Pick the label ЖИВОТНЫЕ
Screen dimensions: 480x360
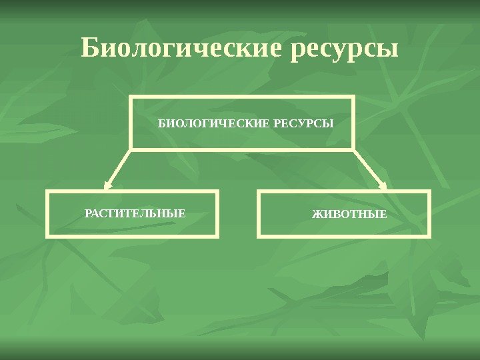(350, 215)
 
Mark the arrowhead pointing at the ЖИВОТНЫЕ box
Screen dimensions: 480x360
(382, 185)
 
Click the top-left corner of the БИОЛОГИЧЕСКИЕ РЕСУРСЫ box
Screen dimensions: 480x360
(131, 96)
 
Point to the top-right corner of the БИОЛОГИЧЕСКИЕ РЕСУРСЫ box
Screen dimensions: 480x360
(353, 96)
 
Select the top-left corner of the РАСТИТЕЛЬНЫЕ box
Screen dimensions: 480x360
(47, 192)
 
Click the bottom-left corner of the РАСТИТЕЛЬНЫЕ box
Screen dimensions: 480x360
(47, 236)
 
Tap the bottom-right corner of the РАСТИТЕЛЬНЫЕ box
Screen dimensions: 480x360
(218, 236)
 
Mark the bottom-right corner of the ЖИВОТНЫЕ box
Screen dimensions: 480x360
(430, 236)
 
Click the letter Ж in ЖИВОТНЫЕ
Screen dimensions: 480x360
(317, 215)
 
